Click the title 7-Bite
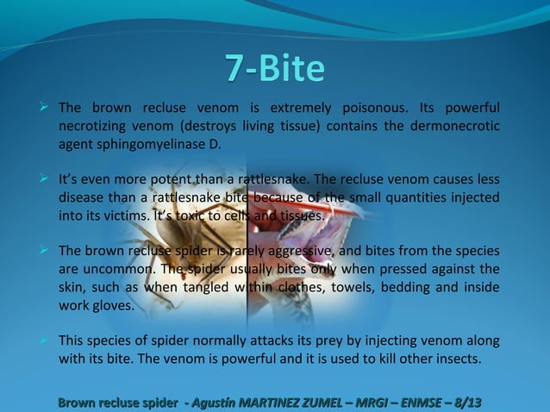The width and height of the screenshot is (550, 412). [274, 68]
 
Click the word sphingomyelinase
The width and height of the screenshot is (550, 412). [148, 143]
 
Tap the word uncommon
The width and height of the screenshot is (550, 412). [116, 270]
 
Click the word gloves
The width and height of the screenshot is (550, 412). [113, 305]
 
